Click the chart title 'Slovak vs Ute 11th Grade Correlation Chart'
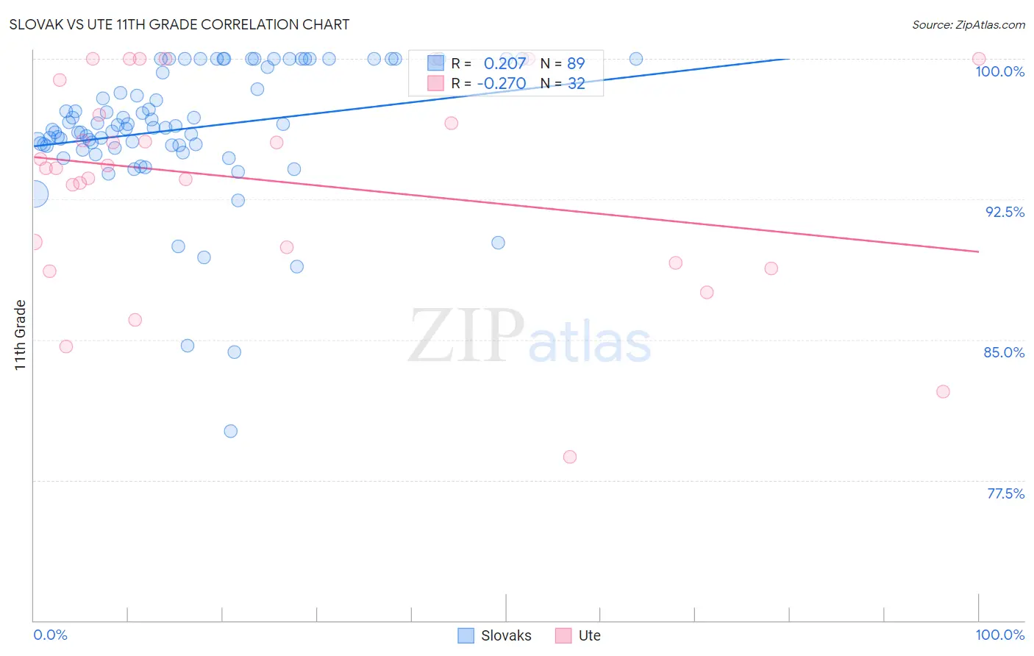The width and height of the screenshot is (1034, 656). click(179, 24)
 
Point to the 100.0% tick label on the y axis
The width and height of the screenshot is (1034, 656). click(999, 71)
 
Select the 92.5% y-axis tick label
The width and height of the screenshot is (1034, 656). click(1005, 212)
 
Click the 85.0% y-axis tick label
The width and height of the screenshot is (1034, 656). click(1004, 352)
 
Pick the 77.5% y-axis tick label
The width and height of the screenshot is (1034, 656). click(1005, 493)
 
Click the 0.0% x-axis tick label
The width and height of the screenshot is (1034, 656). click(50, 635)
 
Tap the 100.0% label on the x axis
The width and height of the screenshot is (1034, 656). click(999, 635)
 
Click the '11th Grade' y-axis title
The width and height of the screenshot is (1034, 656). click(20, 335)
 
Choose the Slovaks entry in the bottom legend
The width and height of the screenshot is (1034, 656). click(505, 635)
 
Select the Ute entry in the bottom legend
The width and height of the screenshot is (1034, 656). click(589, 635)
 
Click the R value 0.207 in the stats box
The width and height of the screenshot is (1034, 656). click(504, 63)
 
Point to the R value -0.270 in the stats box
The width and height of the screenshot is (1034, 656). click(502, 83)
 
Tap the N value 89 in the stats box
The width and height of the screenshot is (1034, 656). click(576, 63)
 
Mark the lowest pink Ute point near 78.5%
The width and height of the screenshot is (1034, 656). click(570, 457)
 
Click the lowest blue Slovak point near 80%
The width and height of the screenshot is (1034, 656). click(231, 431)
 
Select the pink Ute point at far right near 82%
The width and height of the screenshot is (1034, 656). click(943, 391)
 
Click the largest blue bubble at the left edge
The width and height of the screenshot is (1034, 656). click(34, 194)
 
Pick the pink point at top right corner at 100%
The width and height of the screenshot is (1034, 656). click(979, 59)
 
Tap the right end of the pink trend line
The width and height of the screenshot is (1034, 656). click(978, 252)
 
